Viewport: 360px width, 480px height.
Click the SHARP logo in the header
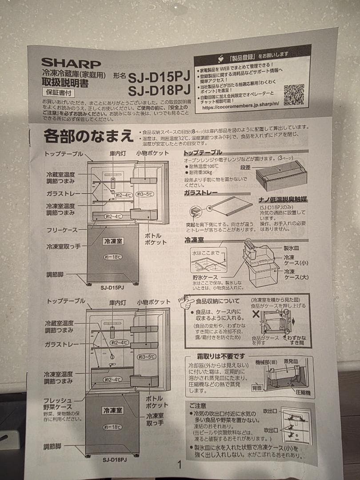[71, 63]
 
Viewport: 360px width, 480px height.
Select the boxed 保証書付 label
[58, 93]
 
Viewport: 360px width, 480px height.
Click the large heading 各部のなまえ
[88, 135]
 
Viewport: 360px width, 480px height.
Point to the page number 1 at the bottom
[180, 465]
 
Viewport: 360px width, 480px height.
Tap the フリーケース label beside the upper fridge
[62, 230]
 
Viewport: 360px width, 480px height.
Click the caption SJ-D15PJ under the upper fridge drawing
[112, 288]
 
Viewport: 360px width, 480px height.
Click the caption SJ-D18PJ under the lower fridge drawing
[115, 459]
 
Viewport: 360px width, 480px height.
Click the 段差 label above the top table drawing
[246, 168]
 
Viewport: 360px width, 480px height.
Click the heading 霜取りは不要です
[220, 356]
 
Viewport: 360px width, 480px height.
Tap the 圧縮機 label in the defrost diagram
[303, 393]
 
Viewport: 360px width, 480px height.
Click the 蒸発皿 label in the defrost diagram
[298, 362]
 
